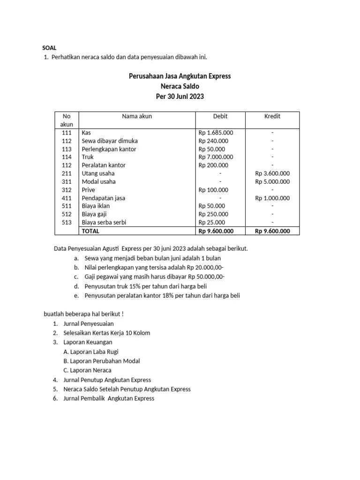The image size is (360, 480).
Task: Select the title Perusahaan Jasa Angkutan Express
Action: (180, 76)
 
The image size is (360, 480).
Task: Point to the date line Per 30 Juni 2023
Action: (180, 97)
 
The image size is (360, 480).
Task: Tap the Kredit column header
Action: (272, 116)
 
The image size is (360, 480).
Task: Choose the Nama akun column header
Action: (137, 116)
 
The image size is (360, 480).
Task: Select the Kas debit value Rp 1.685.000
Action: (216, 133)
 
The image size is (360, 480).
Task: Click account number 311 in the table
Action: (67, 181)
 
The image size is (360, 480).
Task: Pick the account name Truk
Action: (88, 157)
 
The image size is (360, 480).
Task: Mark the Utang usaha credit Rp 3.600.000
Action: (272, 173)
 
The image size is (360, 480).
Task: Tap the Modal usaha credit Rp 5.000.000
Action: (272, 181)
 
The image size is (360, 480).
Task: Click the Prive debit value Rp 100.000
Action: (213, 190)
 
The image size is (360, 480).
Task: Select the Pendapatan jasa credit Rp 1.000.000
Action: (272, 198)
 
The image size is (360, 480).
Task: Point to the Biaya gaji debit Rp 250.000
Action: (213, 214)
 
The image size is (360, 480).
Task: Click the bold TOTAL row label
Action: (90, 231)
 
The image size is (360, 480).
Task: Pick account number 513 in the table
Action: (67, 222)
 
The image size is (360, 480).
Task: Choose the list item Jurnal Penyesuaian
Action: (88, 323)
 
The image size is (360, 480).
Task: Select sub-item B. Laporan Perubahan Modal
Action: (101, 361)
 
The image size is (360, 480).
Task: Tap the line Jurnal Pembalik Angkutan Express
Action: (108, 398)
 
